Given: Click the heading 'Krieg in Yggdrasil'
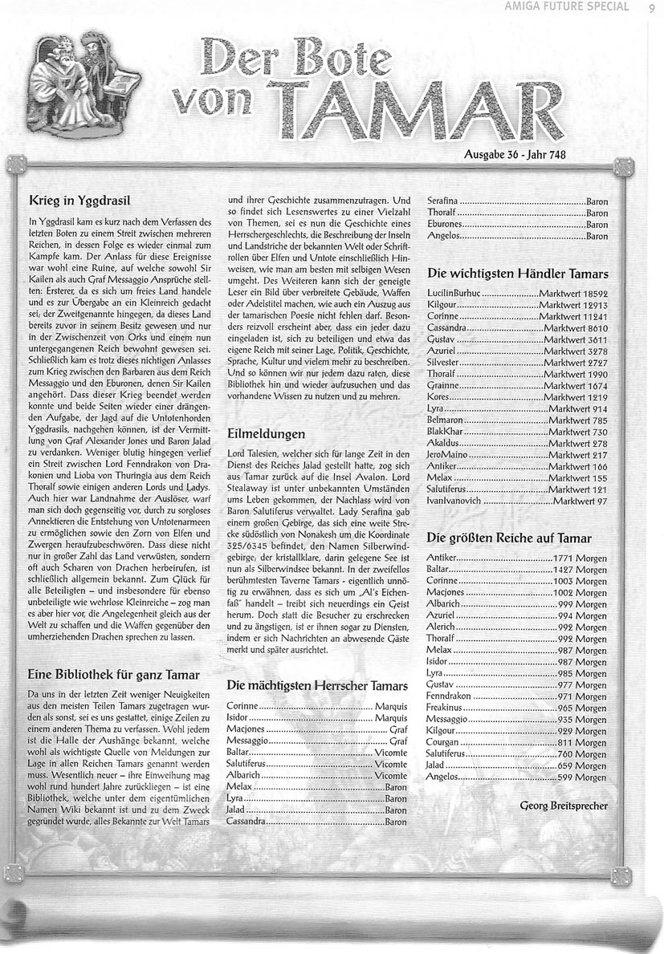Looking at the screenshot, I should click(79, 197).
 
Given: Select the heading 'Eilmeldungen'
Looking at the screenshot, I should click(267, 433).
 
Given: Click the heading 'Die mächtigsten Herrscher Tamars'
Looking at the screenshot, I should click(318, 686).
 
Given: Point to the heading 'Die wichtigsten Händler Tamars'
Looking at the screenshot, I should click(517, 274).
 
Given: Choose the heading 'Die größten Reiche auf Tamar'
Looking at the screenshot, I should click(509, 538).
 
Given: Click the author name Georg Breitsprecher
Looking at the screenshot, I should click(564, 805).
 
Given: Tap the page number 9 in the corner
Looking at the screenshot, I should click(650, 10).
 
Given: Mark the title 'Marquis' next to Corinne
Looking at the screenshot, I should click(391, 706).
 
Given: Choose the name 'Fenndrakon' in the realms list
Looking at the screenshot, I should click(450, 697).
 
